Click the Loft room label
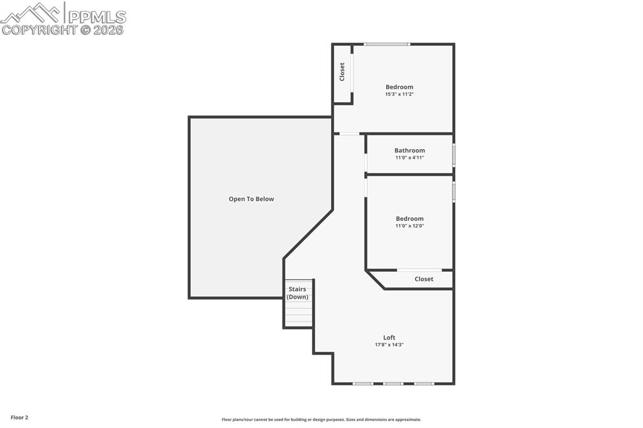pyautogui.click(x=389, y=338)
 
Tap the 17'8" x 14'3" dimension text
pyautogui.click(x=389, y=345)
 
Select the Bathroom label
pyautogui.click(x=409, y=151)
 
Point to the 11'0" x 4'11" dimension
pyautogui.click(x=409, y=158)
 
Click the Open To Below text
pyautogui.click(x=251, y=199)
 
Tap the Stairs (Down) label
pyautogui.click(x=297, y=293)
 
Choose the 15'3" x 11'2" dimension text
pyautogui.click(x=399, y=94)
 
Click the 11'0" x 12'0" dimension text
pyautogui.click(x=409, y=226)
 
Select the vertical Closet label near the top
pyautogui.click(x=342, y=72)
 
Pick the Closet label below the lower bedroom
pyautogui.click(x=424, y=279)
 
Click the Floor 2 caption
pyautogui.click(x=19, y=417)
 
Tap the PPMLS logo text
pyautogui.click(x=96, y=16)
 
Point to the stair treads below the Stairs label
pyautogui.click(x=298, y=313)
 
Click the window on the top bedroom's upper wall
pyautogui.click(x=387, y=44)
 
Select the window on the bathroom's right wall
pyautogui.click(x=453, y=154)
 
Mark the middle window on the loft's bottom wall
pyautogui.click(x=393, y=383)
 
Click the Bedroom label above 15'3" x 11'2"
pyautogui.click(x=399, y=87)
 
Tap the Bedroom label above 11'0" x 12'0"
pyautogui.click(x=409, y=218)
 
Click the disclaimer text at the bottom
pyautogui.click(x=321, y=420)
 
